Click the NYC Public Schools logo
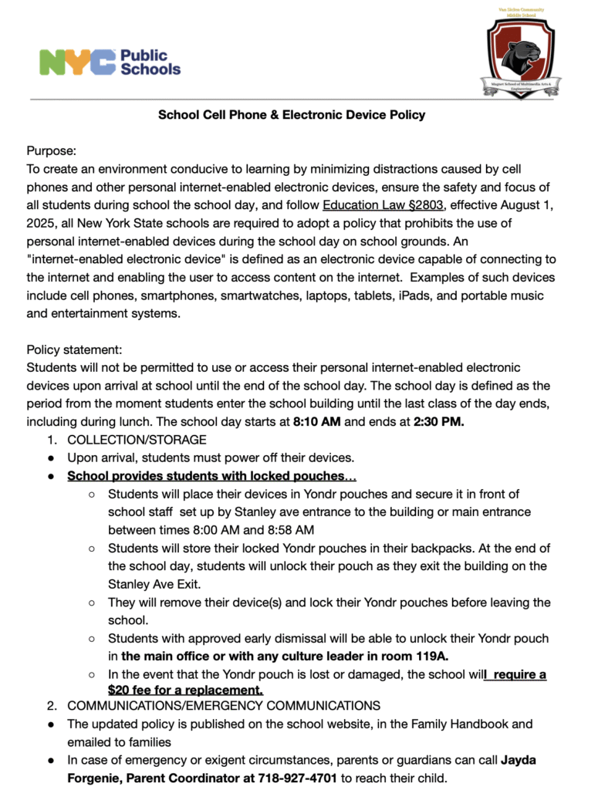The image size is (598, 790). (110, 62)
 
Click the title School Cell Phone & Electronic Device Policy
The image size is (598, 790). (292, 115)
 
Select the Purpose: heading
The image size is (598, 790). (52, 151)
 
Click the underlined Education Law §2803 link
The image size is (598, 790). (381, 204)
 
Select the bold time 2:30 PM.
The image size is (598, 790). (438, 422)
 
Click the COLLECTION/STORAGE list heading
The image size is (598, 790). (137, 440)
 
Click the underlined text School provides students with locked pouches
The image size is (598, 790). (207, 476)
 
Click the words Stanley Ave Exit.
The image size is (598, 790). (157, 584)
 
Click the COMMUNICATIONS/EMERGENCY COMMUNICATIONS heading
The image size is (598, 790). (224, 705)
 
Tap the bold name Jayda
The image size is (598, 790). (519, 760)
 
